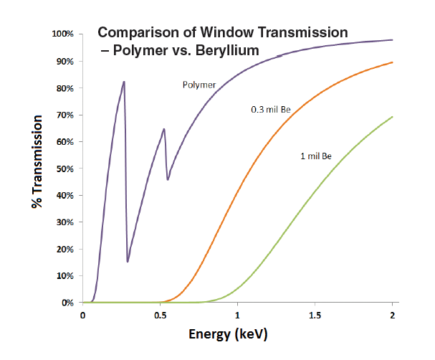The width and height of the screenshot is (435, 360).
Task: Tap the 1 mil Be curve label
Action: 316,156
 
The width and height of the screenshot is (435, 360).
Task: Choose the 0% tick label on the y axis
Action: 68,303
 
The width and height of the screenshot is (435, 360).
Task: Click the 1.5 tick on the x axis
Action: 315,316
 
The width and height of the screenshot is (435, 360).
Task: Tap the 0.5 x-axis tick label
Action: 160,316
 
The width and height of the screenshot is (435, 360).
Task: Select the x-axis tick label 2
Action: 392,316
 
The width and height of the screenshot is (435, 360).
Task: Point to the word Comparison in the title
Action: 134,33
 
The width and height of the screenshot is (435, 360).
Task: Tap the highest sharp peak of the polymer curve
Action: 124,82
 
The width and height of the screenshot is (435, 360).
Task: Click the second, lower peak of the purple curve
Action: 164,129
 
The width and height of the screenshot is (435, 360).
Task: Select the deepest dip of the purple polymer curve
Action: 128,261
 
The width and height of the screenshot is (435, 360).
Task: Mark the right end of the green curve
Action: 392,117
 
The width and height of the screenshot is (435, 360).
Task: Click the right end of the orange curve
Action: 392,62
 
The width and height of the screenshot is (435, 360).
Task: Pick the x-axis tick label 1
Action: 237,316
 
